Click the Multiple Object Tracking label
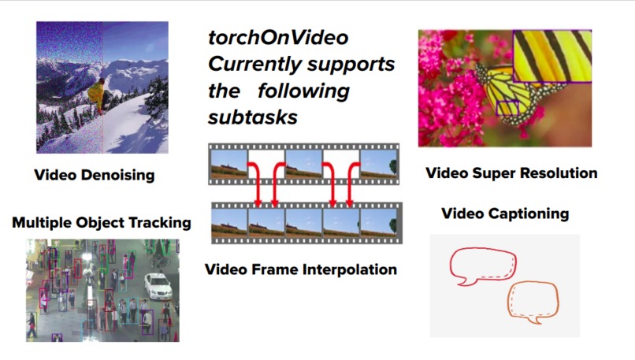[102, 223]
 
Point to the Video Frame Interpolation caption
[301, 269]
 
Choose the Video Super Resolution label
[511, 173]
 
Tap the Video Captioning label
[505, 213]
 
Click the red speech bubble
[483, 268]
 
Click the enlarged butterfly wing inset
[551, 56]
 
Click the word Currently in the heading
[252, 64]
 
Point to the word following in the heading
[303, 91]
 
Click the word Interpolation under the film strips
[349, 269]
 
